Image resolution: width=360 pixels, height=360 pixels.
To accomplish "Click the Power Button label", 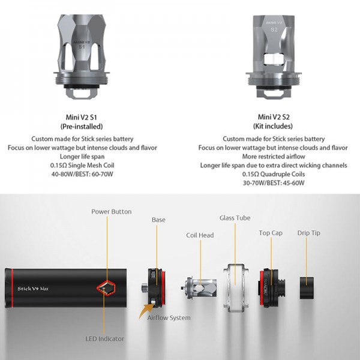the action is [x=112, y=211].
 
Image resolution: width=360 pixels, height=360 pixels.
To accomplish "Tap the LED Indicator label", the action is [x=104, y=338].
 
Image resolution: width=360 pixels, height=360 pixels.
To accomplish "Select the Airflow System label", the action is [x=169, y=318].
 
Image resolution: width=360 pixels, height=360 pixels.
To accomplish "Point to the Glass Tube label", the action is [x=235, y=218].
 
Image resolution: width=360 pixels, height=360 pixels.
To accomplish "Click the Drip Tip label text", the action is [x=308, y=233].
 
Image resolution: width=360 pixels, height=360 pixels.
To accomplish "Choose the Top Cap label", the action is [x=271, y=233].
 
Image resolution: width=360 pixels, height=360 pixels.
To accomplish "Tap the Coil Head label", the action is [x=200, y=235].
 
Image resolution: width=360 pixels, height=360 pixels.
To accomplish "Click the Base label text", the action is [x=158, y=220].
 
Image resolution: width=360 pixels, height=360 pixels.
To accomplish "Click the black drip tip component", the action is [x=307, y=288].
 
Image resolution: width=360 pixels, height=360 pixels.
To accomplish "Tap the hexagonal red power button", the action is [x=106, y=287].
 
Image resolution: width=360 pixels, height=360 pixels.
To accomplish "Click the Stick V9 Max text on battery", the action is [x=33, y=289].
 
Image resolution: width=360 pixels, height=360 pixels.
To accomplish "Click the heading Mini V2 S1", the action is [x=81, y=118].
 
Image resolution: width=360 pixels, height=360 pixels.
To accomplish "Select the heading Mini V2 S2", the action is [x=274, y=117].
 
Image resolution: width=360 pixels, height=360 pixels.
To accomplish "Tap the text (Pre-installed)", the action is [x=82, y=126].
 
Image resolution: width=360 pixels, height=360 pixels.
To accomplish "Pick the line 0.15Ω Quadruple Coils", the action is [x=274, y=174].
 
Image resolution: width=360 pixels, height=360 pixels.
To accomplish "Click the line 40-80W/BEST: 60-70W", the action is [x=82, y=174].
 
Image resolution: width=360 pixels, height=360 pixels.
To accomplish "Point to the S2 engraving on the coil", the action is [x=274, y=29].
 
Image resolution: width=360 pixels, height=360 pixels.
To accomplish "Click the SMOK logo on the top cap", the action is [x=266, y=287].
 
